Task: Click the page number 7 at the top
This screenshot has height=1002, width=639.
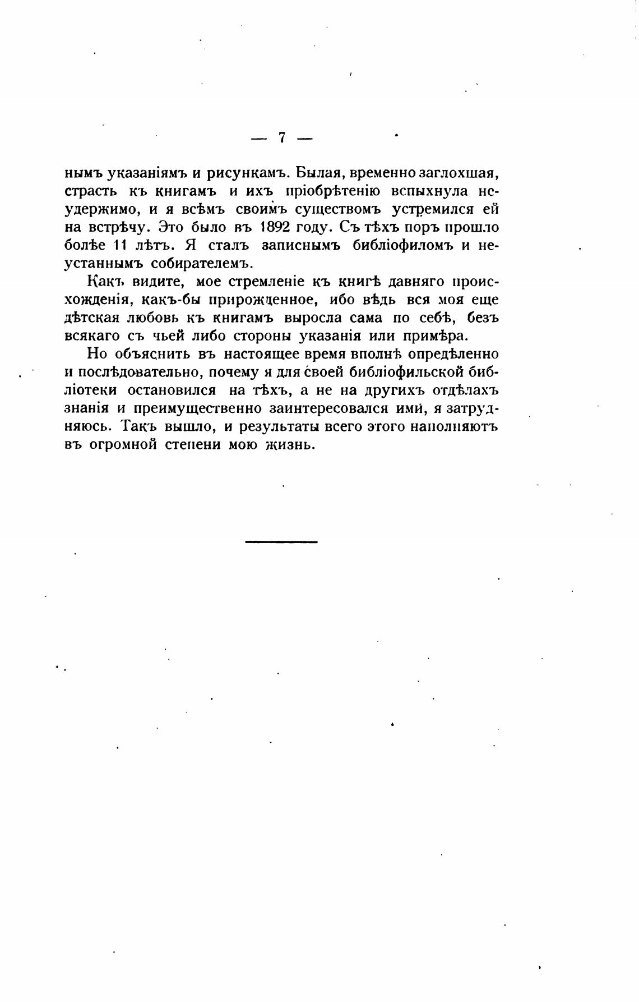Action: coord(281,137)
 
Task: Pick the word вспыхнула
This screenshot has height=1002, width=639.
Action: coord(424,191)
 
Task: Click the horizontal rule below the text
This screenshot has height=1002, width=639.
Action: coord(281,541)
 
